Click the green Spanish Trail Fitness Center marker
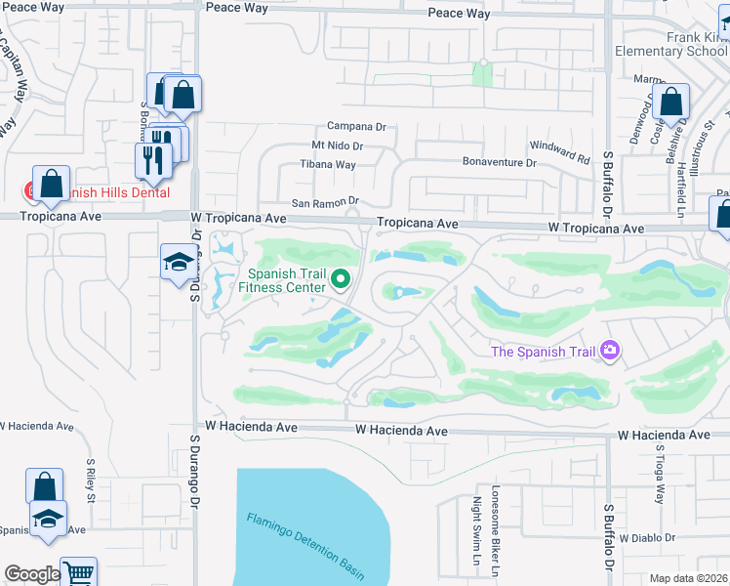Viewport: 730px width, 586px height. pos(341,280)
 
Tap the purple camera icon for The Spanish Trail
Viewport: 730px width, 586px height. pos(611,350)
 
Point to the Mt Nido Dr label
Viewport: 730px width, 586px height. pos(337,146)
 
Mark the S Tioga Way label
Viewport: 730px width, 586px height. pos(660,473)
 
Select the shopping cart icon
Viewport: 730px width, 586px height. pos(79,572)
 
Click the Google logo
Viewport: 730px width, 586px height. pos(31,574)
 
